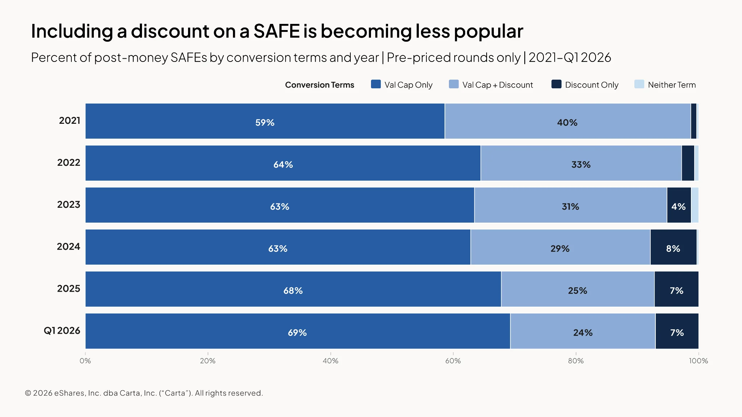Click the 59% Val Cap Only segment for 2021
pos(265,121)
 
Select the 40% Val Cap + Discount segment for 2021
pos(568,121)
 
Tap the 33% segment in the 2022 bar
pos(581,163)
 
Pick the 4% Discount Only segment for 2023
pos(679,205)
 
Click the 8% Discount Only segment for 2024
pos(674,247)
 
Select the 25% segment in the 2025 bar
pos(578,289)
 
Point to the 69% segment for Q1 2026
pos(298,331)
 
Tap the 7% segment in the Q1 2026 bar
pos(677,331)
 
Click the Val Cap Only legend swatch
pos(376,84)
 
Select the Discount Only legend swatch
pos(556,84)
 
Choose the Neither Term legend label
pos(672,85)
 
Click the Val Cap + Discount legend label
pos(497,85)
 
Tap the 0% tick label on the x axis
pos(85,361)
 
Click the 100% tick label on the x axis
pos(699,361)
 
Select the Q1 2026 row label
pos(62,331)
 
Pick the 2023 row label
pos(69,205)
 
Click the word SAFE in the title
pos(277,31)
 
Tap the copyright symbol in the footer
pos(28,393)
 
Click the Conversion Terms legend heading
pos(320,85)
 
